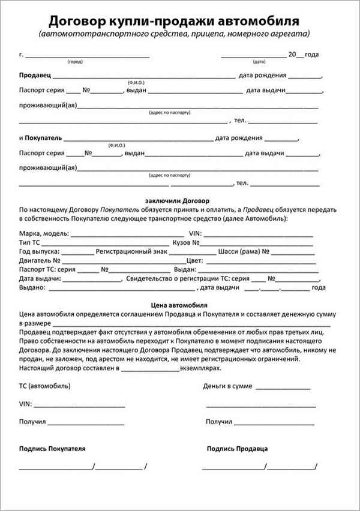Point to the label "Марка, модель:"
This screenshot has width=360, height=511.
click(x=44, y=233)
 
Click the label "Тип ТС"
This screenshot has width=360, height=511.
click(x=31, y=242)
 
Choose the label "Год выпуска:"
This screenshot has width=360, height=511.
click(x=40, y=252)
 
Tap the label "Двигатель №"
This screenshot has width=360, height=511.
click(x=40, y=261)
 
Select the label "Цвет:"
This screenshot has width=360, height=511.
click(x=195, y=261)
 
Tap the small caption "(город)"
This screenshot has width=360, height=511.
click(x=74, y=62)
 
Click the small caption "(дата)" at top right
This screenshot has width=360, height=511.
click(x=259, y=62)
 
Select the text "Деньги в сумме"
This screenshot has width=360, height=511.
click(x=228, y=386)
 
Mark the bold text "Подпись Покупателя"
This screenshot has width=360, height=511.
click(x=52, y=448)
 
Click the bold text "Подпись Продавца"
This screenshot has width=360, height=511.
click(x=237, y=448)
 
